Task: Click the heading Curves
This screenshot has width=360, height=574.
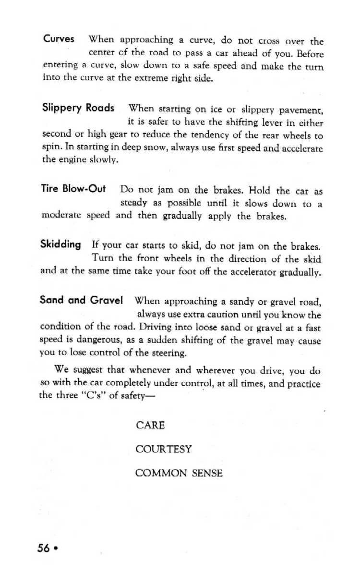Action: pos(59,38)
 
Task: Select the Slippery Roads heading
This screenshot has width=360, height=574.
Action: pos(78,108)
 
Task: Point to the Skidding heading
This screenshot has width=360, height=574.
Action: pos(60,244)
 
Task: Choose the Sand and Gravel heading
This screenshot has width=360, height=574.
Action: pos(82,301)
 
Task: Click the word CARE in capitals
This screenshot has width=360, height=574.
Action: pos(150,425)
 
